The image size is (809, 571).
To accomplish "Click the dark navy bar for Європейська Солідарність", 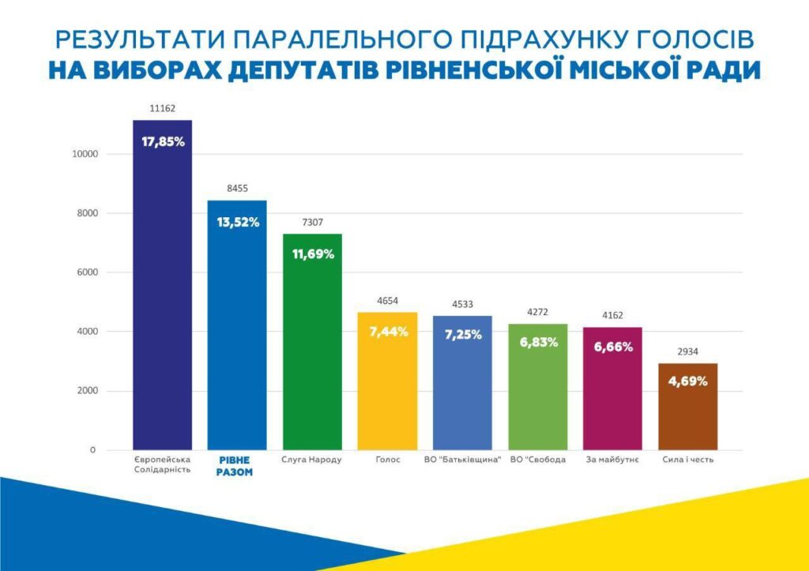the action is click(163, 285).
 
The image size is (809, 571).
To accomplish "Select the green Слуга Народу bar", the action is click(312, 341).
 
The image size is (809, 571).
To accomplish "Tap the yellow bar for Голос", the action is click(387, 381).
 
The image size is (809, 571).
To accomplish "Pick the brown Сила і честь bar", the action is click(688, 407).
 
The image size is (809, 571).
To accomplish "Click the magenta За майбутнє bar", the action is click(612, 389).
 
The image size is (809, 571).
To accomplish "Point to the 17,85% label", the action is click(163, 141).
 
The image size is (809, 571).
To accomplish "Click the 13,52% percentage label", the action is click(238, 222).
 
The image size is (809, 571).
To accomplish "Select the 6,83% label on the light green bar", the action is click(539, 342).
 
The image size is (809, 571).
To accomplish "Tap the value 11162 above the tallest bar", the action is click(163, 108).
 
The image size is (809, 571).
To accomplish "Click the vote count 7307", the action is click(313, 222).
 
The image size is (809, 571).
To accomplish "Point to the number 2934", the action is click(688, 351).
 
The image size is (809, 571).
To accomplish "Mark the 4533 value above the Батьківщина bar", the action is click(462, 304).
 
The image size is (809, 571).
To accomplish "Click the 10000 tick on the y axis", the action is click(85, 154).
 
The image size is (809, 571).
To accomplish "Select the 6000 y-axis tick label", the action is click(87, 272).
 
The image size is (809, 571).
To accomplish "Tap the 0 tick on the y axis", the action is click(93, 450).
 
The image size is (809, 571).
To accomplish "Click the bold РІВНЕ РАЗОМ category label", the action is click(234, 466).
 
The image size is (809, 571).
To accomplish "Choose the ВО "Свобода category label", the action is click(537, 460).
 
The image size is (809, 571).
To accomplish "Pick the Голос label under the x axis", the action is click(388, 460).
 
